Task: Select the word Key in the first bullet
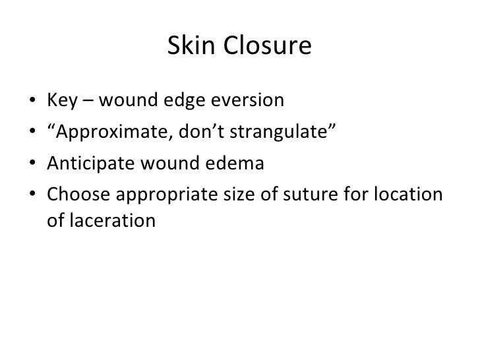click(x=61, y=102)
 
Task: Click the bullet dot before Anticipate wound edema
click(x=33, y=162)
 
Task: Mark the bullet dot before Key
click(x=33, y=102)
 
